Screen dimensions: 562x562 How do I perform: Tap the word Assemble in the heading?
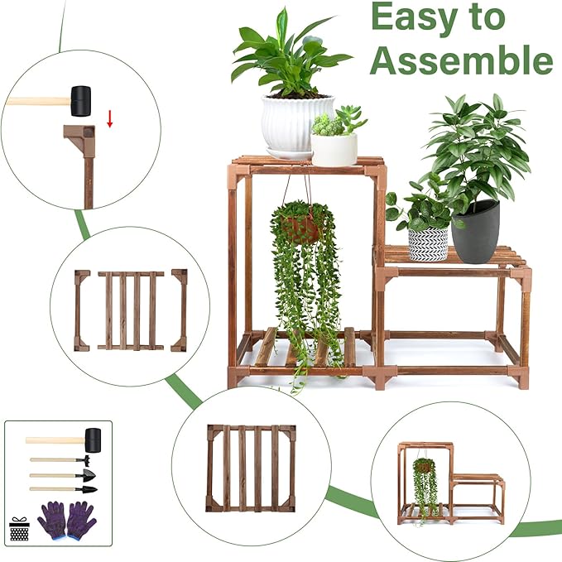461,60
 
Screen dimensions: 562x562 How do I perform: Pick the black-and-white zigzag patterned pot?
428,243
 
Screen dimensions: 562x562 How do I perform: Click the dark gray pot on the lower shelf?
475,232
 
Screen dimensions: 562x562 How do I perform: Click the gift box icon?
19,527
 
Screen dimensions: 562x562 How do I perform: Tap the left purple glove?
55,519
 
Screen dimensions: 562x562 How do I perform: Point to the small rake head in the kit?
84,459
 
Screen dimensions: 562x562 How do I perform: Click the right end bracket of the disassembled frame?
180,310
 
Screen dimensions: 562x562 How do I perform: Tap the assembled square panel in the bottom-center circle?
252,468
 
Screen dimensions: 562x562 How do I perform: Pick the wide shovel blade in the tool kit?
86,474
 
